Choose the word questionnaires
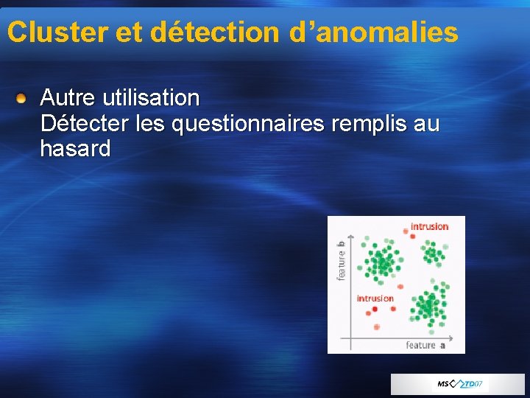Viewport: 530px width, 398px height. click(247, 123)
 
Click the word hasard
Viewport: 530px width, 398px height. click(75, 149)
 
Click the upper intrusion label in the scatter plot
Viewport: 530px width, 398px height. click(429, 226)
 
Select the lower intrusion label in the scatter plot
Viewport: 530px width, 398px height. click(375, 298)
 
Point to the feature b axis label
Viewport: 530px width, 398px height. click(341, 260)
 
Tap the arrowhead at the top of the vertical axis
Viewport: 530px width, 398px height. click(352, 237)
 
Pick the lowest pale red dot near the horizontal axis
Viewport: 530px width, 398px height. click(377, 326)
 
